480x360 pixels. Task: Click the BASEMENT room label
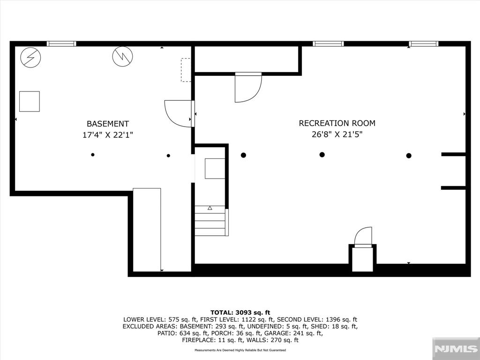tap(108, 124)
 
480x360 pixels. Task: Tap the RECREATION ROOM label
tap(337, 123)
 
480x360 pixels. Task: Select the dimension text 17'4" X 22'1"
tap(108, 135)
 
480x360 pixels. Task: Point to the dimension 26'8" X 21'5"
tap(337, 135)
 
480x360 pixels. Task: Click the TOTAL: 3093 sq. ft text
tap(240, 312)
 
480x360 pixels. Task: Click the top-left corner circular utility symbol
tap(31, 57)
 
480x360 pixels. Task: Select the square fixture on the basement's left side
tap(30, 101)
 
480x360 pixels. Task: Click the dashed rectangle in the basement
tap(186, 70)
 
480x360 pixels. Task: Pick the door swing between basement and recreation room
tap(178, 113)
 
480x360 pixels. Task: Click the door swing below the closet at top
tap(247, 88)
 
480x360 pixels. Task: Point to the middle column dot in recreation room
tap(322, 155)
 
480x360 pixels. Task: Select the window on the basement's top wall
tap(61, 44)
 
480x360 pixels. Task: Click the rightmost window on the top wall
tap(423, 44)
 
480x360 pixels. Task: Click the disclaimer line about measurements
tap(240, 350)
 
